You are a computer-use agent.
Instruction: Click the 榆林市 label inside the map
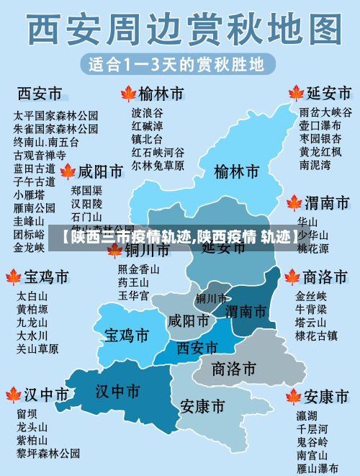pos(236,172)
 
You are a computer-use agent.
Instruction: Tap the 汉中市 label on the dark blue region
pos(118,391)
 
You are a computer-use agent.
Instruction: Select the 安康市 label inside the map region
pos(202,407)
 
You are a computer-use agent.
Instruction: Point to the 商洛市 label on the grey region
pos(234,369)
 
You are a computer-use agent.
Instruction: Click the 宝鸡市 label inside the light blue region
pos(127,336)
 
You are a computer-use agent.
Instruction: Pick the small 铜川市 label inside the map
pos(211,298)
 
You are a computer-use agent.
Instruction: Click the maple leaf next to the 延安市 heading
pos(294,94)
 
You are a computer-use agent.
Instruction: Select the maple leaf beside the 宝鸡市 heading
pos(13,277)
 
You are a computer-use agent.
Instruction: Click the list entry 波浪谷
pos(147,113)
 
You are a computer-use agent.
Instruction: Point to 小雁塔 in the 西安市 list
pos(29,194)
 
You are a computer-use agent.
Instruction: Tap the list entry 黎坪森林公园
pos(48,453)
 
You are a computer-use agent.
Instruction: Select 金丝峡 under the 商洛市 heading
pos(311,296)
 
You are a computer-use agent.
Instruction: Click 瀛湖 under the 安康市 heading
pos(307,416)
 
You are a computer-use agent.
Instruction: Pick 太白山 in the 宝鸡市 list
pos(32,296)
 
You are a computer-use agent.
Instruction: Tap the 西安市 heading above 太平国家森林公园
pos(40,94)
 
